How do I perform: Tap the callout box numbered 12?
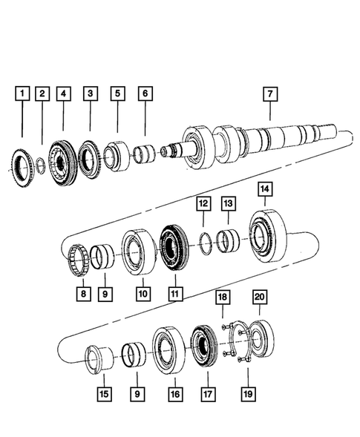pos(202,202)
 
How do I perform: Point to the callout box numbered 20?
pos(259,297)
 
